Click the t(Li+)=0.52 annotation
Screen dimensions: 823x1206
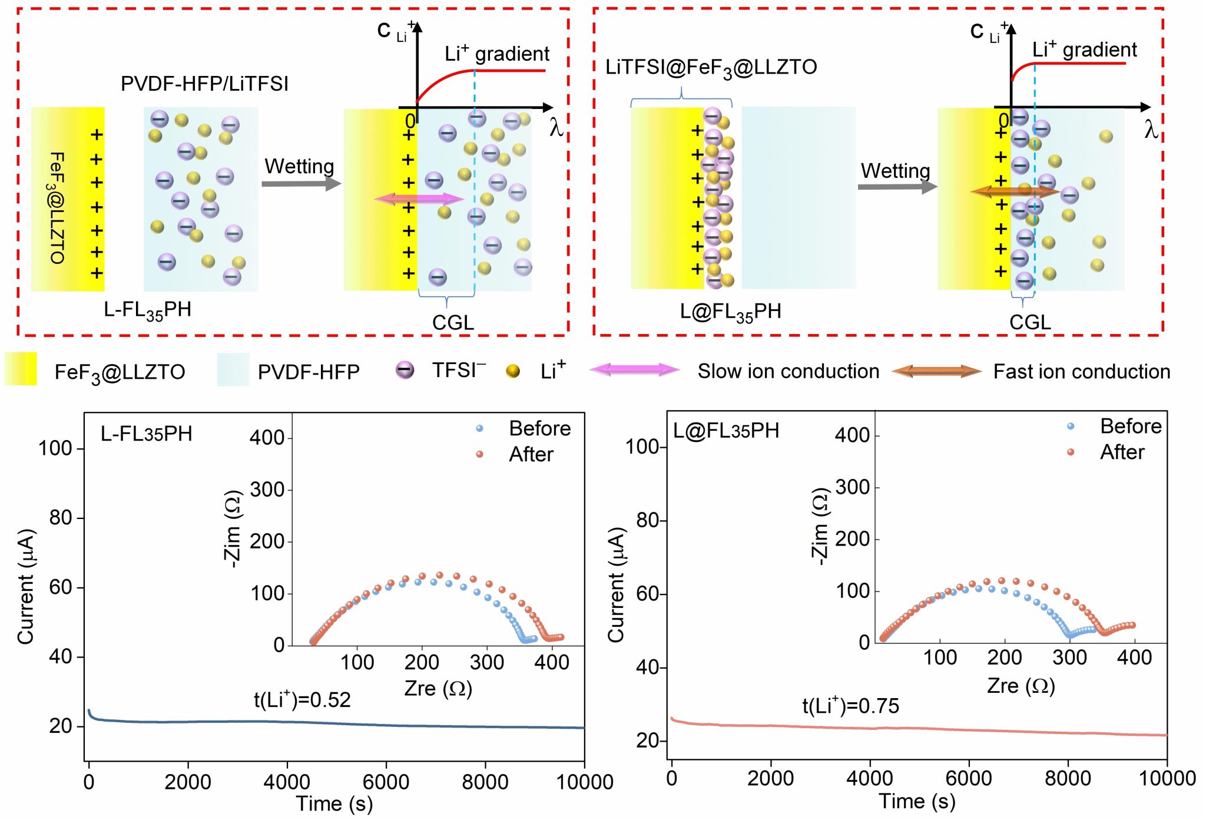click(x=302, y=699)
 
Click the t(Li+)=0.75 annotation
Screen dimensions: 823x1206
click(x=850, y=705)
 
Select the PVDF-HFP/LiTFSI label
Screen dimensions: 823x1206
click(x=204, y=84)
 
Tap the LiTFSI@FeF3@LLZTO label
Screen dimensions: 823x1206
click(x=711, y=68)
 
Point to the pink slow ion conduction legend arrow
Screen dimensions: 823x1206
click(x=634, y=370)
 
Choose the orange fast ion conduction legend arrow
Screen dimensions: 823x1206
click(x=936, y=371)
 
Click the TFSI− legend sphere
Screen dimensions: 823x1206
click(x=405, y=370)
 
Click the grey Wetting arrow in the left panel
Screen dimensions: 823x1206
click(x=301, y=183)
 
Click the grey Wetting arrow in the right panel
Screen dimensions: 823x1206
click(x=897, y=187)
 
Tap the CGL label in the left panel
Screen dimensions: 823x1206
click(x=453, y=322)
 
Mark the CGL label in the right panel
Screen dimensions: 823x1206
click(x=1030, y=322)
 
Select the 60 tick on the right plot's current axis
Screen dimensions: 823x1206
click(x=647, y=594)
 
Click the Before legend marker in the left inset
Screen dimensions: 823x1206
click(x=479, y=429)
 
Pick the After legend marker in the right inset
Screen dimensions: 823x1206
click(x=1071, y=452)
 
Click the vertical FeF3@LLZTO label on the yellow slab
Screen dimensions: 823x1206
click(x=57, y=207)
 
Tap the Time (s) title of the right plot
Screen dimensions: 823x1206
click(x=917, y=801)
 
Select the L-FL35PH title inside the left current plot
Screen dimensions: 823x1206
click(x=146, y=434)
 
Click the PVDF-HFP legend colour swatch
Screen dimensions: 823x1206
click(x=233, y=370)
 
